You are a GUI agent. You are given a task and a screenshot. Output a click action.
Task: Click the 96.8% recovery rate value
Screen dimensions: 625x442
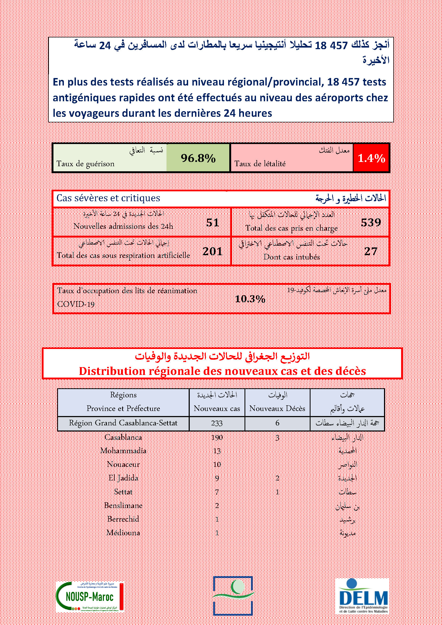198,158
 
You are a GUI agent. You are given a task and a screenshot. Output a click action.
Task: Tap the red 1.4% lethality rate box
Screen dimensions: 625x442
371,158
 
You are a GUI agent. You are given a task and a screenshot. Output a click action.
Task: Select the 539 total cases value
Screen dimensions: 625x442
371,223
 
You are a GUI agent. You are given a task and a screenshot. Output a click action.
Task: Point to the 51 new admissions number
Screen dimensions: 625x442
212,223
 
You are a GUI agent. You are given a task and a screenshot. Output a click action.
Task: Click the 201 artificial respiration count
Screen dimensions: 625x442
212,251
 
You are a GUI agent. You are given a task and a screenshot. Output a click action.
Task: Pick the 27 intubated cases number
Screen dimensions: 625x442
371,251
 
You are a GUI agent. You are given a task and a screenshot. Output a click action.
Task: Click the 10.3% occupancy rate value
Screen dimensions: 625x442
250,299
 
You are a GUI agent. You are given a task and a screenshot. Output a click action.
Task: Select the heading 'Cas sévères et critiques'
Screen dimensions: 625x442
108,198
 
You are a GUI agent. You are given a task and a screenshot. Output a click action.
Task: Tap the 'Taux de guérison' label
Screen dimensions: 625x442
86,164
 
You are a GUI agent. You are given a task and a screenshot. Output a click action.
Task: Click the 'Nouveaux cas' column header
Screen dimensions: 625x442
217,408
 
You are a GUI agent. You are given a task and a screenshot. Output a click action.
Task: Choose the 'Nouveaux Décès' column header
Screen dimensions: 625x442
277,408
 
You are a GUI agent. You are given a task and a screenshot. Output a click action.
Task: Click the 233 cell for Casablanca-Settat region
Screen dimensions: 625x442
217,423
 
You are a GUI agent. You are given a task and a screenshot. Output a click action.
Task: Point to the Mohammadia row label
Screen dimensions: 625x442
123,451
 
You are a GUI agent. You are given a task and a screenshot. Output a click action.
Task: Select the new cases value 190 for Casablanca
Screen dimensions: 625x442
217,437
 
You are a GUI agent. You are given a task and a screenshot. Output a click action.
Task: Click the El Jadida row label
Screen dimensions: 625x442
123,478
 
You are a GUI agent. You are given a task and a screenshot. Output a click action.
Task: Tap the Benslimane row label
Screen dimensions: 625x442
123,506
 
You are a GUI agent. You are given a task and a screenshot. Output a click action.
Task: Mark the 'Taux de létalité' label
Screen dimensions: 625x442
260,164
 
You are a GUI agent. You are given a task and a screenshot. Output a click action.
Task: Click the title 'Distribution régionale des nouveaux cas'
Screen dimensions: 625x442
222,371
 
